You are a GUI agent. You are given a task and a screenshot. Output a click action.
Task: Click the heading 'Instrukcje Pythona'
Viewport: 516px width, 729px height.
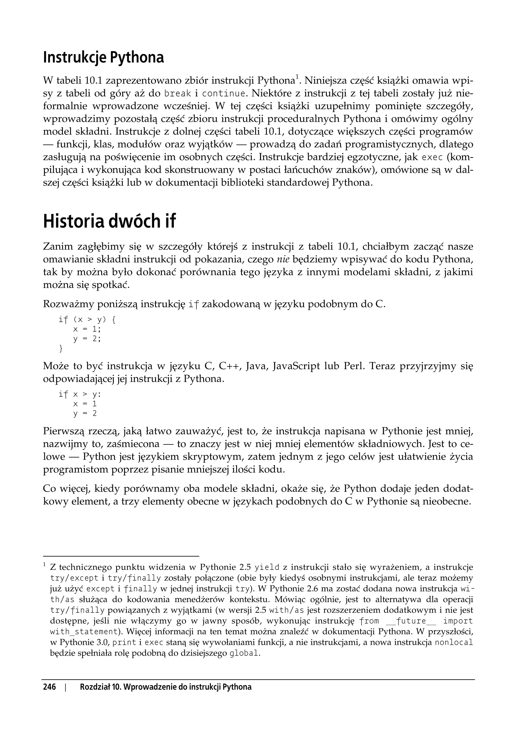(104, 57)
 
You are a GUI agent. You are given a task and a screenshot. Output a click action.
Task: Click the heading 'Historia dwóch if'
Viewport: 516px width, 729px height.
(109, 221)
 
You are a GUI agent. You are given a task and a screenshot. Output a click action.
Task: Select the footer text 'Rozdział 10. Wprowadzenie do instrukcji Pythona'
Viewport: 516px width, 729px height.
(166, 687)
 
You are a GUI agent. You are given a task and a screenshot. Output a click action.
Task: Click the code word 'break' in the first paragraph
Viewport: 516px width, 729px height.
(178, 94)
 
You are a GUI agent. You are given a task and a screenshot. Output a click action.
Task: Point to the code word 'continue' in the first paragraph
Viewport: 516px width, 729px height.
(224, 94)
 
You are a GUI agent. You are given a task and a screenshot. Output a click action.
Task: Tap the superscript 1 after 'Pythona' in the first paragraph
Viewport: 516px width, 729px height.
(297, 76)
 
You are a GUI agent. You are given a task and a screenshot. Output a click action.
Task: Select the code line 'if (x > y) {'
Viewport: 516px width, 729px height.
(87, 319)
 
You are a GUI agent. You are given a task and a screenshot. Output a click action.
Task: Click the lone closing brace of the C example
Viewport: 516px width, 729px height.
(61, 349)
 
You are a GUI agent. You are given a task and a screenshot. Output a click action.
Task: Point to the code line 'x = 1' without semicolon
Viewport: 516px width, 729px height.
(85, 404)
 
